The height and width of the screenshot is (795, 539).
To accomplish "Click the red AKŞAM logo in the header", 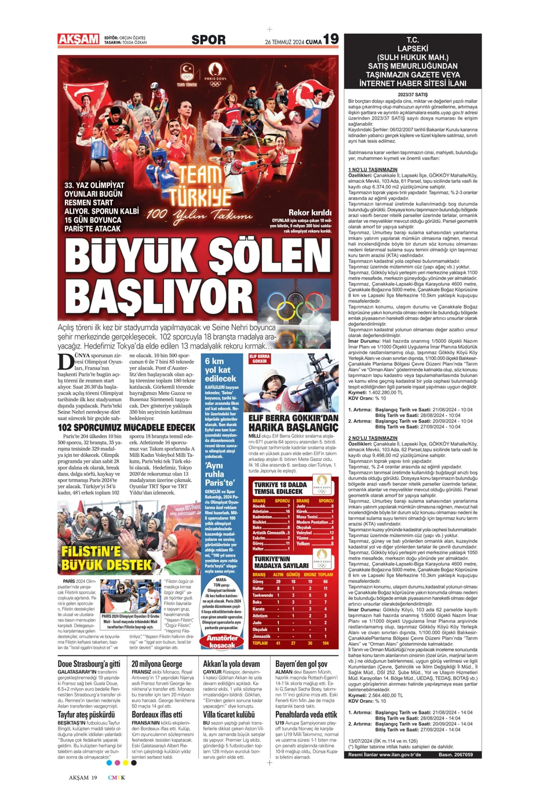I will point(78,39).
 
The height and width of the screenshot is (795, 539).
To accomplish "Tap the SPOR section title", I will point(209,40).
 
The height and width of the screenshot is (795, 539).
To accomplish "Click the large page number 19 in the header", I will point(331,39).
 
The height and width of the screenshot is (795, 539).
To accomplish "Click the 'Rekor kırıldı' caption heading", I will point(310,213).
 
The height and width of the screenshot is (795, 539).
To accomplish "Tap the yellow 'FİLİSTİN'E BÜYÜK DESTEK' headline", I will point(106,558).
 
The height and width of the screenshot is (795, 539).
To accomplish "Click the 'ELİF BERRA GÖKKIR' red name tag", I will point(260,360).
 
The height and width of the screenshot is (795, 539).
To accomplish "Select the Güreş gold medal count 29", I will point(278,581).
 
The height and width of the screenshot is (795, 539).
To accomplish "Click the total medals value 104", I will point(326,643).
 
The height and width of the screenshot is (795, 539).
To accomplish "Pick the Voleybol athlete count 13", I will point(332,532).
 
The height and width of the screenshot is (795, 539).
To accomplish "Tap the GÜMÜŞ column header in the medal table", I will point(293,574).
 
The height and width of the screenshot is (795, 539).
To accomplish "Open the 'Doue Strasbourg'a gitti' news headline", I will point(89,664).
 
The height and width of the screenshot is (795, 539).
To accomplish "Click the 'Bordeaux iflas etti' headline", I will point(157,714).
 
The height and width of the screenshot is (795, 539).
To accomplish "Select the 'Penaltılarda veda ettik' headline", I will point(306,714).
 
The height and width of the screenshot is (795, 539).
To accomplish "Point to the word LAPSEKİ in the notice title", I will point(413,49).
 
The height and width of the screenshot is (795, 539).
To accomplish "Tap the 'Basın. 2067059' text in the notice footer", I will point(456,755).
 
